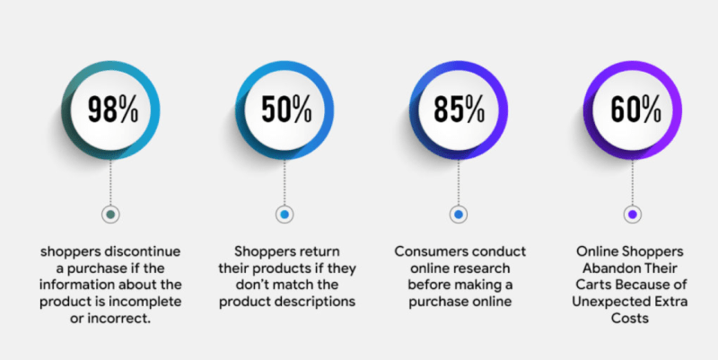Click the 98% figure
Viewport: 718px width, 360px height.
(x=112, y=109)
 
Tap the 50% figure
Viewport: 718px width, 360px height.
(x=285, y=109)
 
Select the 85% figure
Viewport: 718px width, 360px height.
(x=459, y=109)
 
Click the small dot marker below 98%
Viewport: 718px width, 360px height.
(x=111, y=215)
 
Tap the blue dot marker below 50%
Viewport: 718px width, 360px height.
(x=285, y=215)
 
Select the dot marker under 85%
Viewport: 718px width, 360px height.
(x=459, y=215)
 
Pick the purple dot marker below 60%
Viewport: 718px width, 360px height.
(x=632, y=215)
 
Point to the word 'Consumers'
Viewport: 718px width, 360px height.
(x=427, y=251)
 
